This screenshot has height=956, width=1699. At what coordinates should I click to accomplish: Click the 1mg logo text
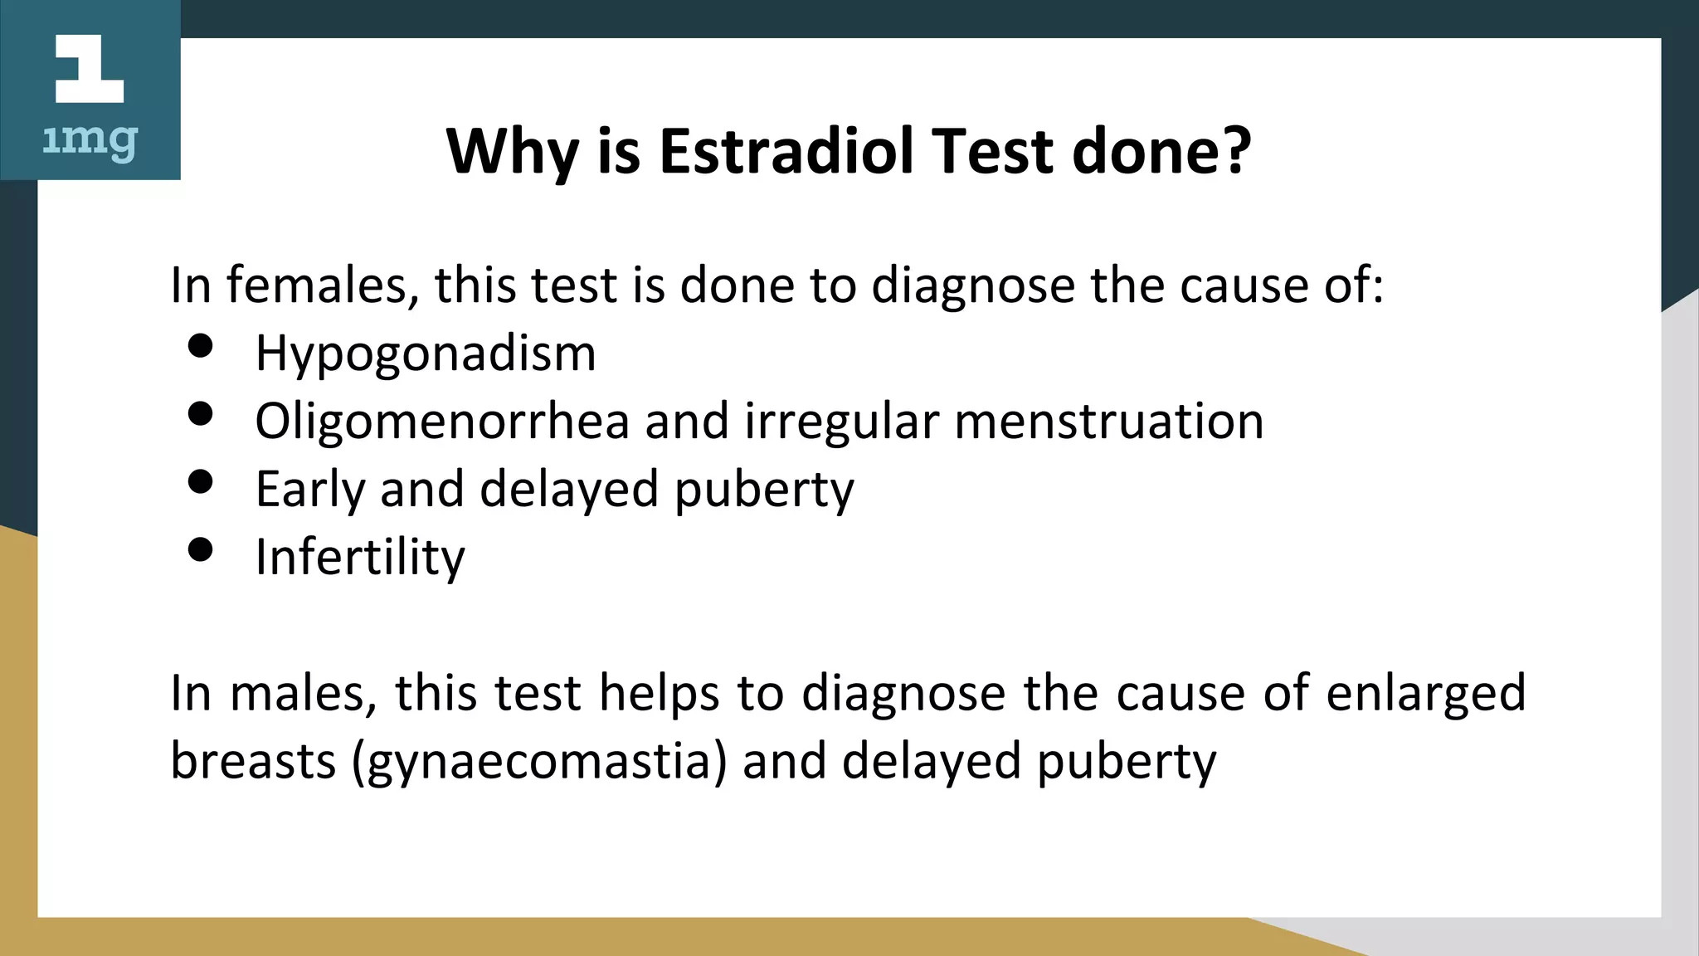(x=90, y=142)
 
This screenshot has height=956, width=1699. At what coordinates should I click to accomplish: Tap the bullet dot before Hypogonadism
(x=201, y=345)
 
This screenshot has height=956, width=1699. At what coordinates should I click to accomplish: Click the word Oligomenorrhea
(x=442, y=421)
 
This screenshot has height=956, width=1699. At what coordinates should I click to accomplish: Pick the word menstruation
(x=1109, y=421)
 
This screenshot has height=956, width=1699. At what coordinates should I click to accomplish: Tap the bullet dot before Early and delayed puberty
(x=201, y=481)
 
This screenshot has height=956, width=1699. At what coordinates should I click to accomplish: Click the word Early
(x=310, y=490)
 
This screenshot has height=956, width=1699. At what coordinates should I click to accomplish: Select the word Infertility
(x=360, y=558)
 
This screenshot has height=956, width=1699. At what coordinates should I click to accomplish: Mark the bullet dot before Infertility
(x=201, y=549)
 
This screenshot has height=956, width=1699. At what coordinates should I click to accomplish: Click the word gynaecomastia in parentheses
(x=539, y=762)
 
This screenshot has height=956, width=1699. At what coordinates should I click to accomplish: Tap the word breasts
(x=253, y=761)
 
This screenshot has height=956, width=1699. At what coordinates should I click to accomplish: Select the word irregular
(x=841, y=421)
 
